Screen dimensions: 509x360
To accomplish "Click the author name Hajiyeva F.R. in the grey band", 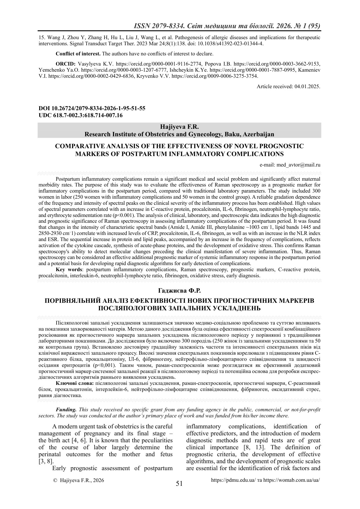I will pyautogui.click(x=179, y=127).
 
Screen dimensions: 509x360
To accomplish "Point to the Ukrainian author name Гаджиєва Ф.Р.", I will pyautogui.click(x=179, y=290).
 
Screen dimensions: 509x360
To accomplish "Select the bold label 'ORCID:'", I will pyautogui.click(x=66, y=63).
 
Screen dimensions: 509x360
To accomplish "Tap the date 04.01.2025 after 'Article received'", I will pyautogui.click(x=307, y=87).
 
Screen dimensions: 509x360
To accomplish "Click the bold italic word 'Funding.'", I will pyautogui.click(x=66, y=410).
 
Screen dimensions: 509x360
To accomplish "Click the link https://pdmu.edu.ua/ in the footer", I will pyautogui.click(x=233, y=480).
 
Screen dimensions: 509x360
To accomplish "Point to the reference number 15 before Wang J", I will pyautogui.click(x=41, y=37).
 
